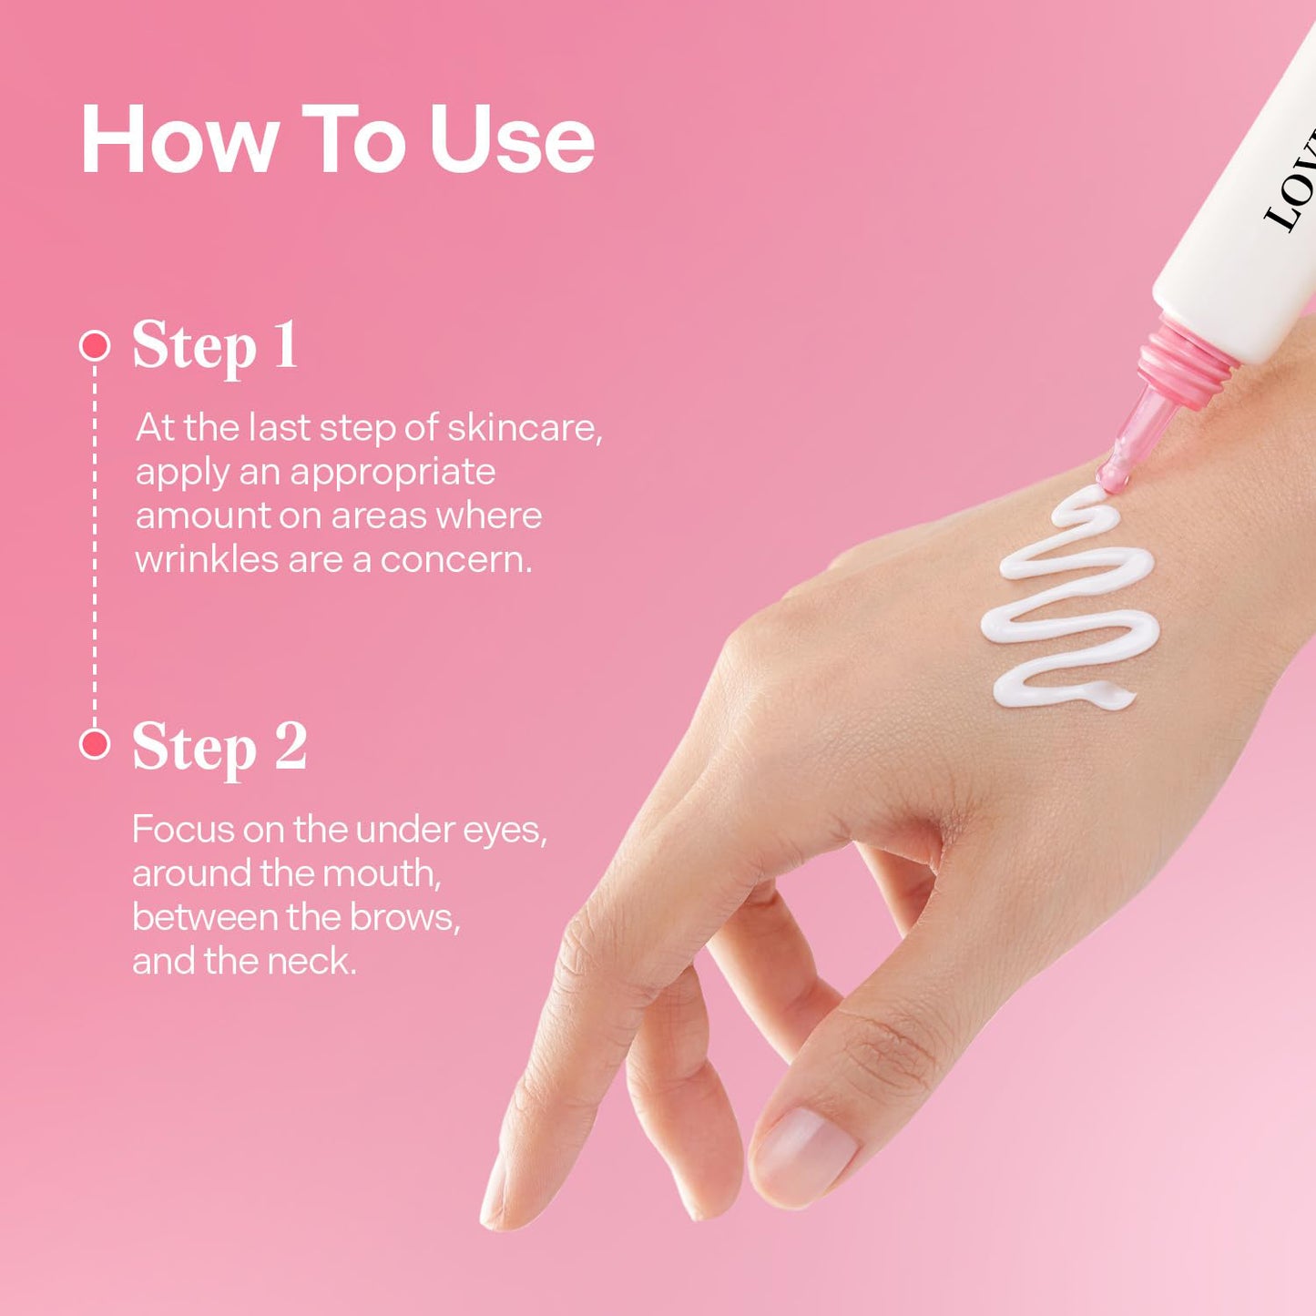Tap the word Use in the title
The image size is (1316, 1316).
pos(512,139)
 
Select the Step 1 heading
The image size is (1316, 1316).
pos(215,347)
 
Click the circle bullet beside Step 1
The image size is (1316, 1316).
pos(94,345)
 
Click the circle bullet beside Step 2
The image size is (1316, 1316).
pos(94,744)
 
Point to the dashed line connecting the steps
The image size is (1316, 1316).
pos(94,545)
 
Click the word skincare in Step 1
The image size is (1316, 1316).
pos(525,428)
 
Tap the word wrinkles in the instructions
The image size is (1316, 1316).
pos(206,560)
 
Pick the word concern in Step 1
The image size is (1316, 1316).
pos(455,561)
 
